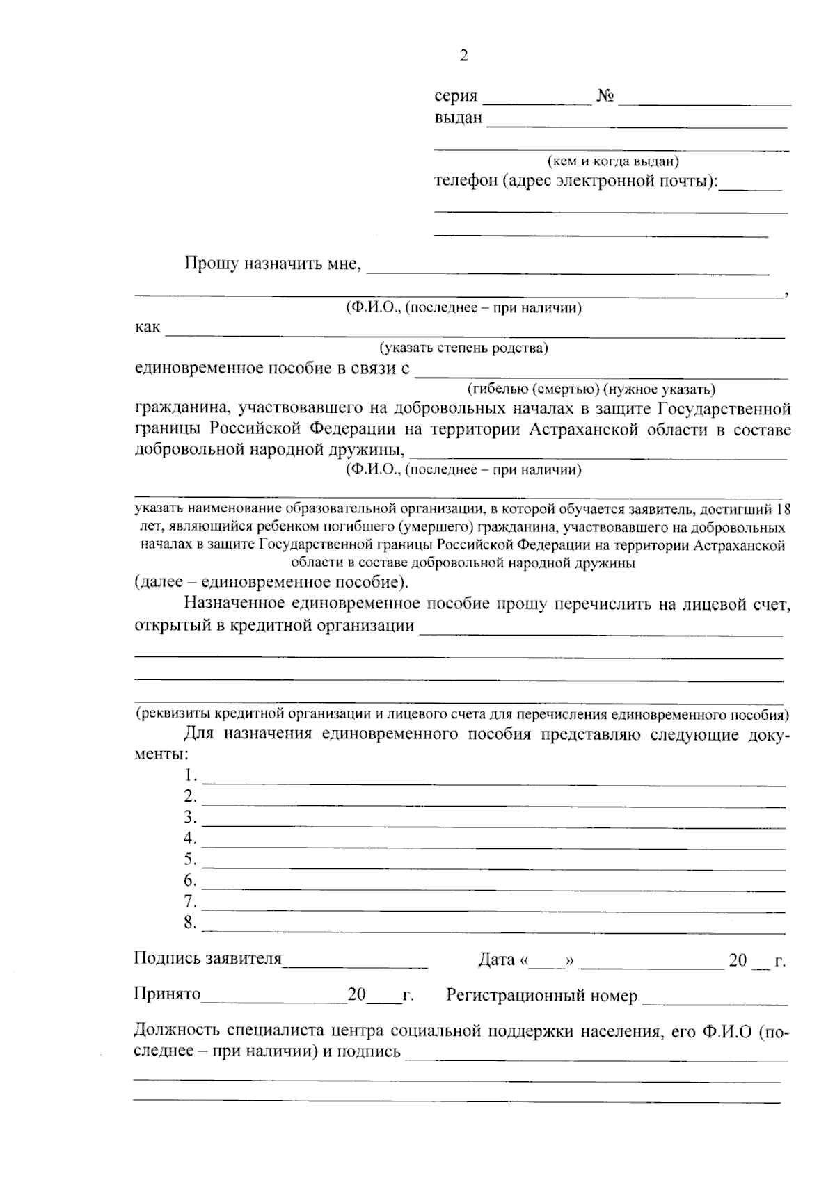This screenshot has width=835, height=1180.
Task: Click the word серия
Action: point(456,97)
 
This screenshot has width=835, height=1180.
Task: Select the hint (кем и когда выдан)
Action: point(613,161)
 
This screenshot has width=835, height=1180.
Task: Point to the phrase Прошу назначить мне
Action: point(273,264)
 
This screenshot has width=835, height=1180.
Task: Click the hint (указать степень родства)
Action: point(463,348)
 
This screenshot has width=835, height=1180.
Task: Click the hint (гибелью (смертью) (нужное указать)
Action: point(591,389)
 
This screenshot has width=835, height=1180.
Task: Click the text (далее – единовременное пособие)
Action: point(272,581)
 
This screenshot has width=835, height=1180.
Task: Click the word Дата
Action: point(496,961)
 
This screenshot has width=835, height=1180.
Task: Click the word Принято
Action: point(167,994)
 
